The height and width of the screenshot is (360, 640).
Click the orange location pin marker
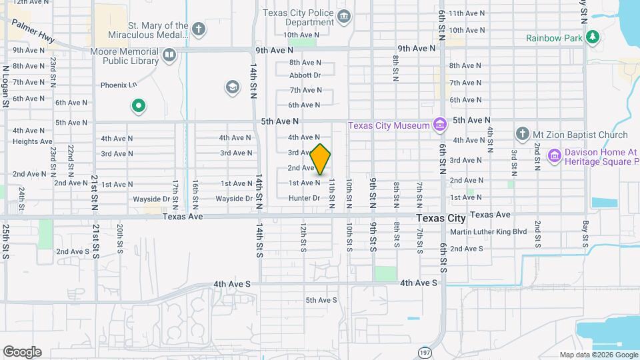pyautogui.click(x=321, y=159)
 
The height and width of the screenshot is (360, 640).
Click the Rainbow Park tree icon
pyautogui.click(x=591, y=37)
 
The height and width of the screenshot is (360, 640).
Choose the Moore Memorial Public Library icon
pyautogui.click(x=170, y=55)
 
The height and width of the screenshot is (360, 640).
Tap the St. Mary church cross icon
pyautogui.click(x=199, y=29)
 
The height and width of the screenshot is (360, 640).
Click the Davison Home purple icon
pyautogui.click(x=553, y=155)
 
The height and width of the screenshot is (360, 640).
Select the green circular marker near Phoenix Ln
pyautogui.click(x=138, y=105)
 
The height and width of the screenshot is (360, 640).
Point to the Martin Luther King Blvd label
pyautogui.click(x=488, y=232)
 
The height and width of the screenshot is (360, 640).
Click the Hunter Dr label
pyautogui.click(x=304, y=198)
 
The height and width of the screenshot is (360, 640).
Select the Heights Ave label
pyautogui.click(x=32, y=141)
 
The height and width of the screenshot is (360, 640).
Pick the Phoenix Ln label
pyautogui.click(x=118, y=85)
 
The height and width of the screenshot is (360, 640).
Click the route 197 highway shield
pyautogui.click(x=425, y=351)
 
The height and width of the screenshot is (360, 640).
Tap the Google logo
pyautogui.click(x=22, y=351)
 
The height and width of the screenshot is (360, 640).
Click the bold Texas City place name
pyautogui.click(x=441, y=218)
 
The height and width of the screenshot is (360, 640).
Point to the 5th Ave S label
pyautogui.click(x=321, y=300)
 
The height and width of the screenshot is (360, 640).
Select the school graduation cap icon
pyautogui.click(x=232, y=87)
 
